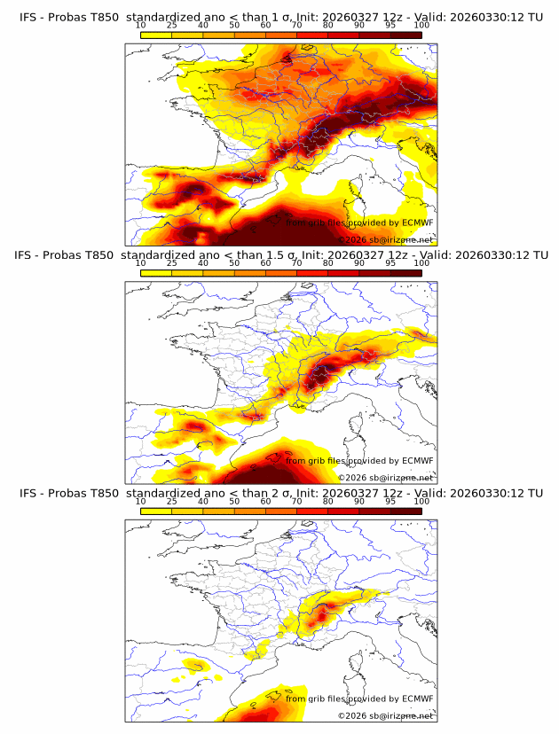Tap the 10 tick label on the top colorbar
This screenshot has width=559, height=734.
pos(141,26)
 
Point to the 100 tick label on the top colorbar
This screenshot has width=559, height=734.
pos(421,26)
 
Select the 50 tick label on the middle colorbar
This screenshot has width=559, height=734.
pos(234,264)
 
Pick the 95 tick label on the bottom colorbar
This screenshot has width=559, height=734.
pos(390,502)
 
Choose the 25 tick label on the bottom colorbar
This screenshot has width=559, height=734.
pos(172,502)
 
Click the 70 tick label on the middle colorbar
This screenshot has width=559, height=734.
pos(297,264)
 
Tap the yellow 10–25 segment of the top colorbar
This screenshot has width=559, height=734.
pos(156,35)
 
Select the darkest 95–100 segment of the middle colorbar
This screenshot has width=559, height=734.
pos(405,272)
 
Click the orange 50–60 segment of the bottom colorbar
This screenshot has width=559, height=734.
pos(249,511)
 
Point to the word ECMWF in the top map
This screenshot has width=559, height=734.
pos(417,223)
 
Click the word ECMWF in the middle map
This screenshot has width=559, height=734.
pos(417,461)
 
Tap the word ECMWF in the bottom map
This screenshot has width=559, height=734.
pos(417,699)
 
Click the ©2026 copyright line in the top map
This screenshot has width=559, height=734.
pos(385,239)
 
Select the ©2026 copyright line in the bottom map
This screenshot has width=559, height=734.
pos(385,715)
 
